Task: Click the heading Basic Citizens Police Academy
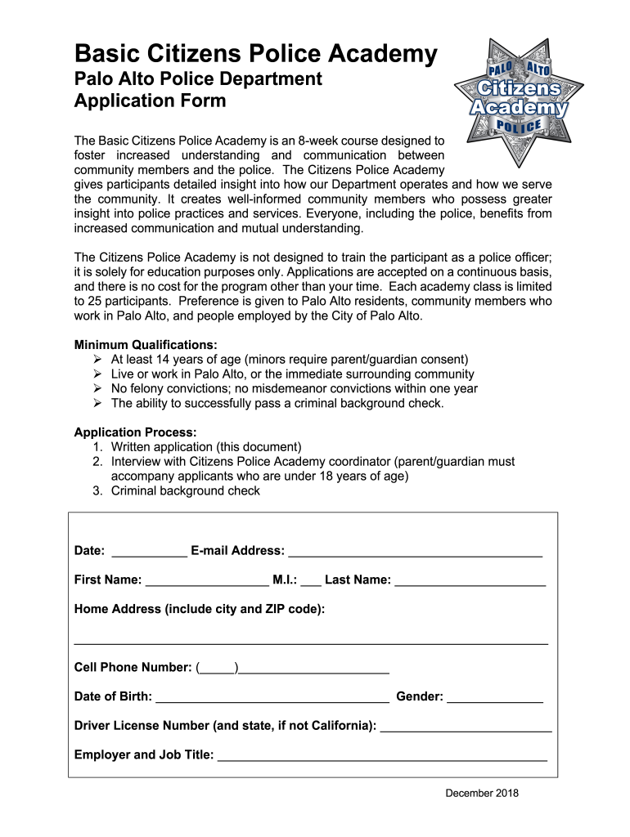[256, 54]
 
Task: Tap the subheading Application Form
[150, 102]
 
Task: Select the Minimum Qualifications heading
[146, 344]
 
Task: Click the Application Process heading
[135, 432]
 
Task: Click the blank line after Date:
[148, 553]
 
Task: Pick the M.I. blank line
[311, 582]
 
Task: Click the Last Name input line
[470, 582]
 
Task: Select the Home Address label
[200, 609]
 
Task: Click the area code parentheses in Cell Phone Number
[218, 668]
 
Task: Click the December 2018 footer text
[482, 793]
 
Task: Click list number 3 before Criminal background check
[97, 490]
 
